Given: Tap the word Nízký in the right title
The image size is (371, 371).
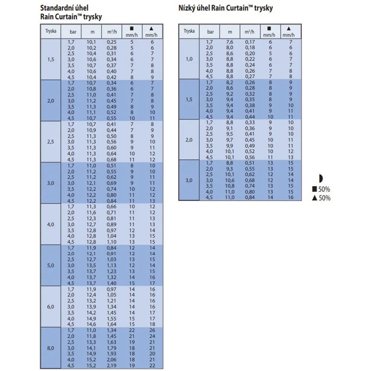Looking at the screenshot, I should tap(187, 8).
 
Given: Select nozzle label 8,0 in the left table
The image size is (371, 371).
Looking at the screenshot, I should tap(50, 348).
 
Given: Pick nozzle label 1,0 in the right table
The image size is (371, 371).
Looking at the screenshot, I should tap(189, 59).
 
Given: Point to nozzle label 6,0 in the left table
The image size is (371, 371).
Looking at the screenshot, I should tap(50, 307).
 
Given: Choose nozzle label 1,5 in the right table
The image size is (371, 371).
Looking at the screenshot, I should tap(189, 99).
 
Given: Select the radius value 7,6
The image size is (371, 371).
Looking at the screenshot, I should tap(230, 42).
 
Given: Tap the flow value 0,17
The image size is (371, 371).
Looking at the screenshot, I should tap(250, 42).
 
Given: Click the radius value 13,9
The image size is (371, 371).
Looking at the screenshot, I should tap(91, 307).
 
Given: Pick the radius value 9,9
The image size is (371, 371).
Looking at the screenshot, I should tap(230, 146).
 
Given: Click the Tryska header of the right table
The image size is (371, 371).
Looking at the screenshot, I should tap(189, 31).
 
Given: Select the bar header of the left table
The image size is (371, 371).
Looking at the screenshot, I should tap(73, 32).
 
